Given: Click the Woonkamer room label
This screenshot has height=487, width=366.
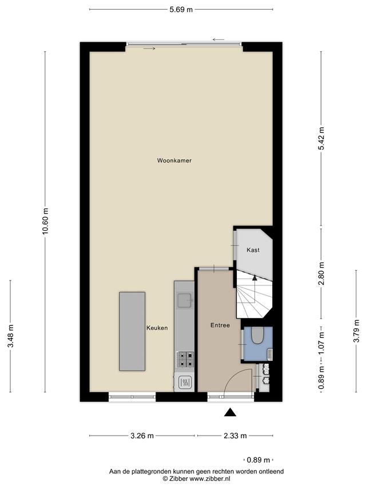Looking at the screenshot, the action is [x=174, y=160].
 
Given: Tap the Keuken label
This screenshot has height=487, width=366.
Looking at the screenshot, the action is [x=157, y=328].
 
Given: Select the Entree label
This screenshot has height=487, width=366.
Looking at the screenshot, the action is [x=220, y=325].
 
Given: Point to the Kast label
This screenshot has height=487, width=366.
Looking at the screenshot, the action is [x=253, y=249].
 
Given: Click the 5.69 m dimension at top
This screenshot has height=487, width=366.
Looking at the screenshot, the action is [x=181, y=10].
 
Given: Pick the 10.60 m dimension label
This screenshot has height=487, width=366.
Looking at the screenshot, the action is [x=46, y=222].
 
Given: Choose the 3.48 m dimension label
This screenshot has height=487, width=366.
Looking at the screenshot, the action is [x=11, y=336].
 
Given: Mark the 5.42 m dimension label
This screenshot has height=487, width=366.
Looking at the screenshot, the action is [x=321, y=139].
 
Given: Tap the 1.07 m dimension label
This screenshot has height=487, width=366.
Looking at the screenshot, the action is [x=321, y=344].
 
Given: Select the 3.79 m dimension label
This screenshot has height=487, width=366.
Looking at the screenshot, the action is [x=356, y=331].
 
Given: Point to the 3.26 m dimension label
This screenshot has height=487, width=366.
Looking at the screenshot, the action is [x=142, y=436].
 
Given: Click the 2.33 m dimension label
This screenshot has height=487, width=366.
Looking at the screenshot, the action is [x=235, y=436].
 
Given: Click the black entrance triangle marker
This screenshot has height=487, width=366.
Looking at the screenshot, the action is [x=230, y=412].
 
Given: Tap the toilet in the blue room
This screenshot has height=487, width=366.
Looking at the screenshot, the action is [x=257, y=336].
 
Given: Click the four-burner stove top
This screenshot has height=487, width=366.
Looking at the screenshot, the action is [x=185, y=360].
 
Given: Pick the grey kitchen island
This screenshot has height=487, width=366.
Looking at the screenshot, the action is [x=132, y=331].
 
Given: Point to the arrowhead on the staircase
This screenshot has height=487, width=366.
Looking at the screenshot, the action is [x=254, y=277].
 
